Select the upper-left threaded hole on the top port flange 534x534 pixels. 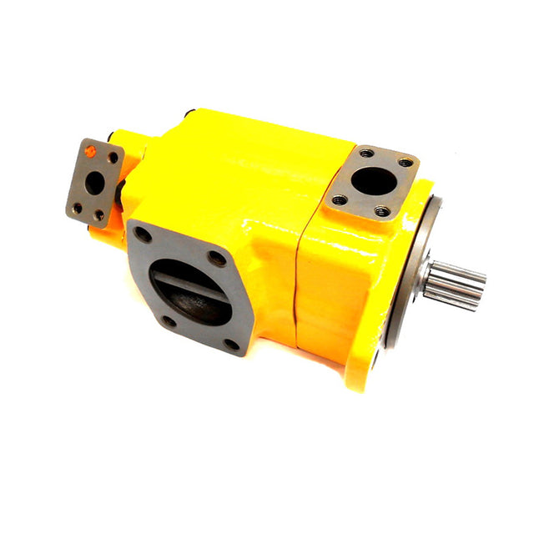pos(366,154)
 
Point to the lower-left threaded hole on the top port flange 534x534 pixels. pos(339,200)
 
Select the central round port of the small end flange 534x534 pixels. pos(95,181)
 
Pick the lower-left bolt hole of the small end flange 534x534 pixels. pos(78,208)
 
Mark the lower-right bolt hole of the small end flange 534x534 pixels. pos(99,214)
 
